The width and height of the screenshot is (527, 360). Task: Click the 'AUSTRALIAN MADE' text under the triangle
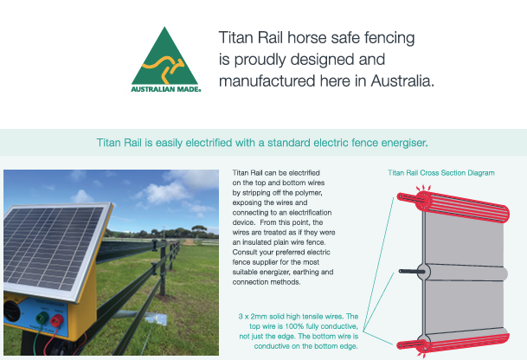coord(165,89)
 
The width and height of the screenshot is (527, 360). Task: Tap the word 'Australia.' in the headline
coord(402,81)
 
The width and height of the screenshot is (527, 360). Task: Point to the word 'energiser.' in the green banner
coord(404,143)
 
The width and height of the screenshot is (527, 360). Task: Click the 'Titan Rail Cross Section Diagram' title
coord(441,173)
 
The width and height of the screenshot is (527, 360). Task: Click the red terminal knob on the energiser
coord(57,320)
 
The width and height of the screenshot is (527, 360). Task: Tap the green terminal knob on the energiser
coord(42,318)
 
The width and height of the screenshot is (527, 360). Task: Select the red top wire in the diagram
coord(453,206)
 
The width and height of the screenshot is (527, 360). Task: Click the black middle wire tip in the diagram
coord(401,271)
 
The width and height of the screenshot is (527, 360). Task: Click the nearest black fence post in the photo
coord(163,269)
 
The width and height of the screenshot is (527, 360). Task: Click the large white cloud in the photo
coord(166,193)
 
